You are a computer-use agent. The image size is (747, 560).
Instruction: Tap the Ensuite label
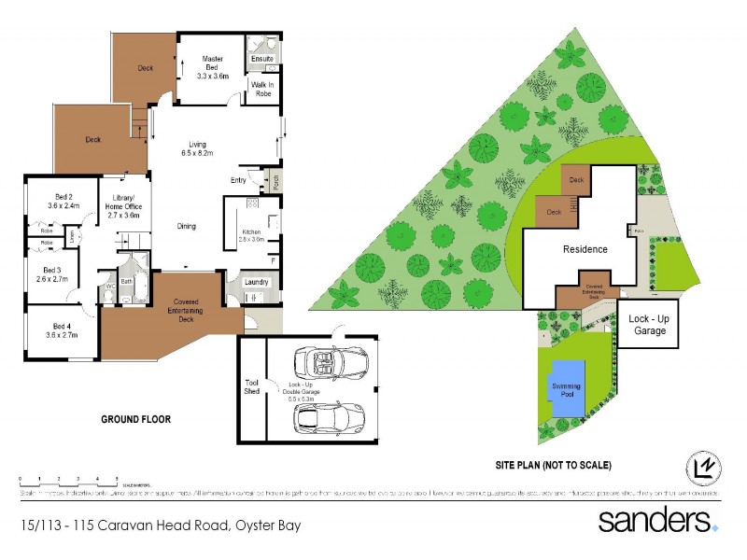click(262, 59)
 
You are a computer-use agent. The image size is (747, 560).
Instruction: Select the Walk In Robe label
click(261, 88)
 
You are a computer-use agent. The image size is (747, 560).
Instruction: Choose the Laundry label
click(256, 282)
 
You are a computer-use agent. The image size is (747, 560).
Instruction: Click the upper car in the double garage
click(329, 360)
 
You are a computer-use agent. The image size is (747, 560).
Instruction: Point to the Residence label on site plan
click(585, 249)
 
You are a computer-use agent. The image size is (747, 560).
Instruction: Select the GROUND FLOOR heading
click(135, 419)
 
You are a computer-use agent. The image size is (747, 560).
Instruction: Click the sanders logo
click(657, 519)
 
